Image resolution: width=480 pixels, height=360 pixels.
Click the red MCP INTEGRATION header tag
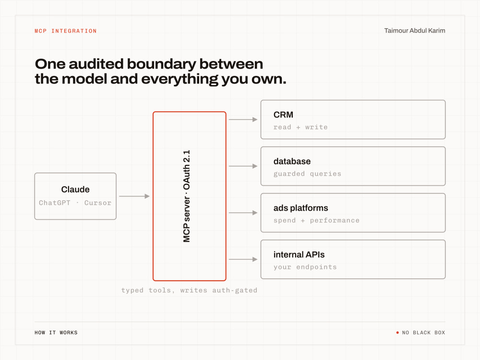(x=65, y=31)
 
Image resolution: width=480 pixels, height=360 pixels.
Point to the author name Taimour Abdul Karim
(x=415, y=31)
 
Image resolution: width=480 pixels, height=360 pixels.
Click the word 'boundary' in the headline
(x=161, y=64)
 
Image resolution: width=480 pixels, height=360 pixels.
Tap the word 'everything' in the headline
(x=180, y=79)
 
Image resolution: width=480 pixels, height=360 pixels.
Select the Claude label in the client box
(x=75, y=190)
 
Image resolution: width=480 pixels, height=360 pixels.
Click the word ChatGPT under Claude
(x=55, y=203)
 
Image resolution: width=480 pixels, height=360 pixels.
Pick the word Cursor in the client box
(x=97, y=203)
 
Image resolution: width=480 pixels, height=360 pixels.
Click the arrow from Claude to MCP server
(x=134, y=196)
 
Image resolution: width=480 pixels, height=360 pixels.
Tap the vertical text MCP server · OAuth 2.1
(x=186, y=196)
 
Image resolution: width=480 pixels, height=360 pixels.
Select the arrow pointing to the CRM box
(x=243, y=120)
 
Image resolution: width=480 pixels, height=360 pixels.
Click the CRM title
(x=283, y=115)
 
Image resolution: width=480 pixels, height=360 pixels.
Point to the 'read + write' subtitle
(x=300, y=127)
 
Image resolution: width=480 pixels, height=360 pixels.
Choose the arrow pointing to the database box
(x=243, y=166)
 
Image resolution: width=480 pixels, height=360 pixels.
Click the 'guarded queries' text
(x=307, y=174)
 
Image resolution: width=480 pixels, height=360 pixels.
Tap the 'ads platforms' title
(x=300, y=208)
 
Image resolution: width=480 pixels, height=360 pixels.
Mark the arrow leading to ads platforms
(x=243, y=213)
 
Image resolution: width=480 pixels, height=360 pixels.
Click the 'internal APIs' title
(x=299, y=255)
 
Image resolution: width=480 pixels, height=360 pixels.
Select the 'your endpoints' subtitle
(x=305, y=267)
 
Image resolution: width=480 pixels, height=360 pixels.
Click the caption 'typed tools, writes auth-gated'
(x=189, y=290)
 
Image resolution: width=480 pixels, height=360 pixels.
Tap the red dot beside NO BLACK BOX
(x=397, y=333)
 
